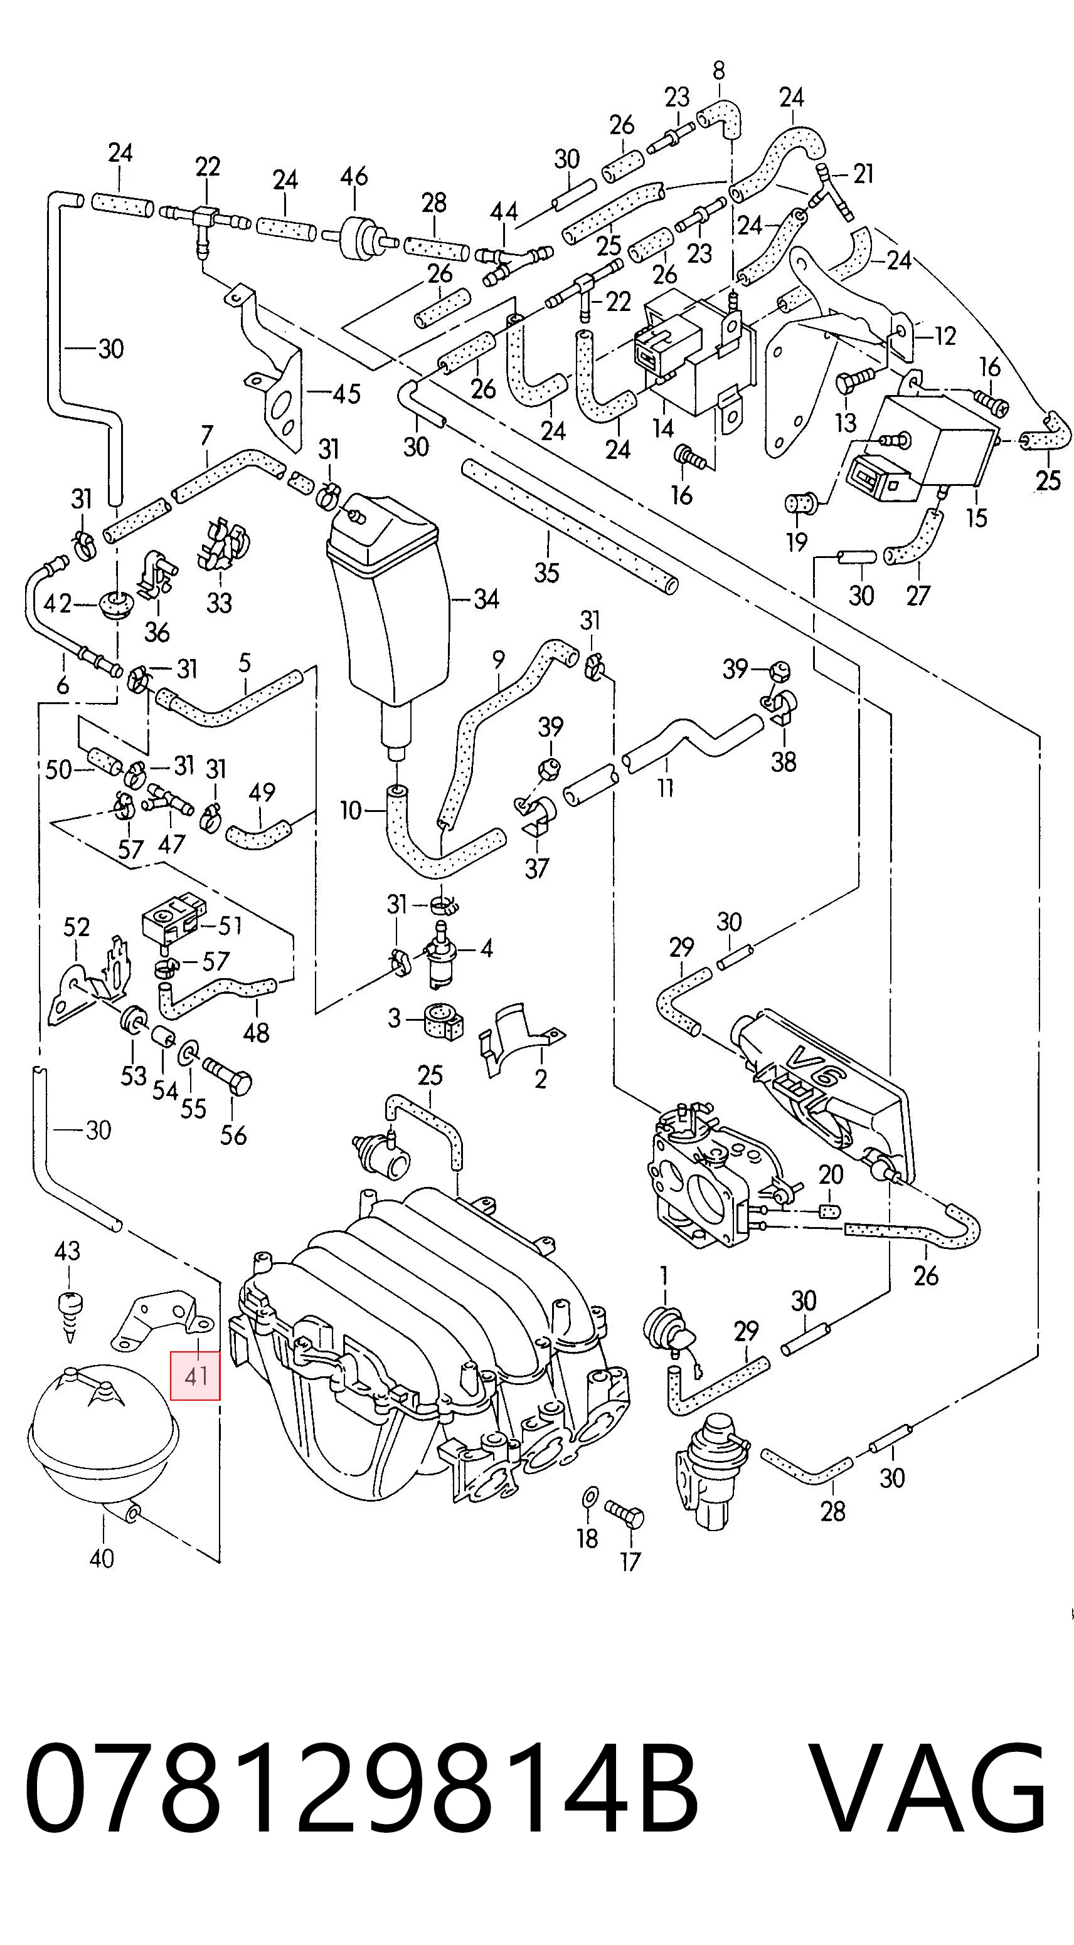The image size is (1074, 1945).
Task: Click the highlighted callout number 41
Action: click(x=195, y=1375)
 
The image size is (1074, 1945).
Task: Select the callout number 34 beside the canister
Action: click(x=486, y=599)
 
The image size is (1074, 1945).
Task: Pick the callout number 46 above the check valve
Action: click(x=353, y=177)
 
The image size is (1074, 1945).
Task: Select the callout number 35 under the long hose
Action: click(x=546, y=572)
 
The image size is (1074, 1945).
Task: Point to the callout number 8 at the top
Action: click(x=718, y=71)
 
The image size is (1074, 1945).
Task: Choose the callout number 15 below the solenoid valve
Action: click(x=977, y=518)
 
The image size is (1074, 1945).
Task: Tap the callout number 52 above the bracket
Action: click(x=77, y=927)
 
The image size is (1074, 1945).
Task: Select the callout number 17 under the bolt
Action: click(x=630, y=1561)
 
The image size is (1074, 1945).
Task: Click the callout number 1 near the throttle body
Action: click(x=663, y=1275)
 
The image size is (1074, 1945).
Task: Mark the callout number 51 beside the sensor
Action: click(x=230, y=925)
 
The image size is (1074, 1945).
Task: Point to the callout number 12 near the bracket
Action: click(x=944, y=335)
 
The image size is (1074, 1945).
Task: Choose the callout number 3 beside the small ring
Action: click(x=393, y=1018)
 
